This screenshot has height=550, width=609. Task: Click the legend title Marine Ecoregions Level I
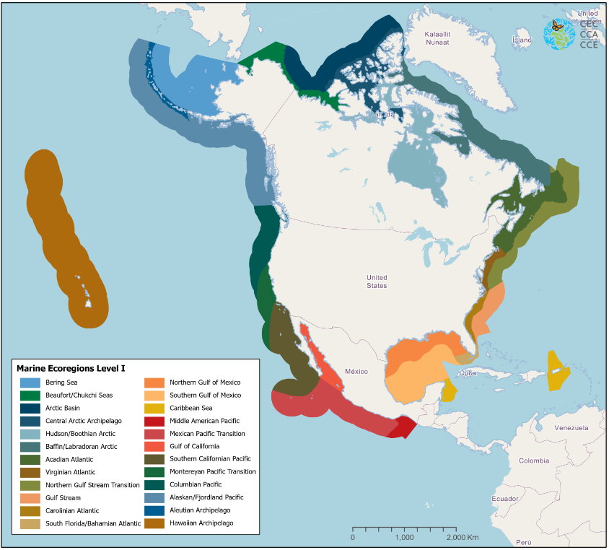[x=71, y=368]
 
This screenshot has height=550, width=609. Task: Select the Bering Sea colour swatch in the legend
[x=30, y=383]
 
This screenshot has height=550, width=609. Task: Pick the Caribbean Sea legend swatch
[x=154, y=408]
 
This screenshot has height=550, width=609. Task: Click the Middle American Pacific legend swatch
[x=154, y=421]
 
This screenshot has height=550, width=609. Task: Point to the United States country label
[x=377, y=281]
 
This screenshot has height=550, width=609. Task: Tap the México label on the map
[x=356, y=371]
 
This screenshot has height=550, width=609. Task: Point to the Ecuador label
[x=505, y=499]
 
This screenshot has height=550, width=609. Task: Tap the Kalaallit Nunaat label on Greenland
[x=437, y=38]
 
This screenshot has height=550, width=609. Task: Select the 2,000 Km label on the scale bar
[x=463, y=538]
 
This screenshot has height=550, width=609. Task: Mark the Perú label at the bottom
[x=524, y=542]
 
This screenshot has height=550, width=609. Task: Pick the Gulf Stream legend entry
[x=63, y=497]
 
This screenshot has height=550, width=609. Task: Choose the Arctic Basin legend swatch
[x=30, y=408]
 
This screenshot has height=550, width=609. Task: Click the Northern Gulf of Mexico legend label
[x=205, y=383]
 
